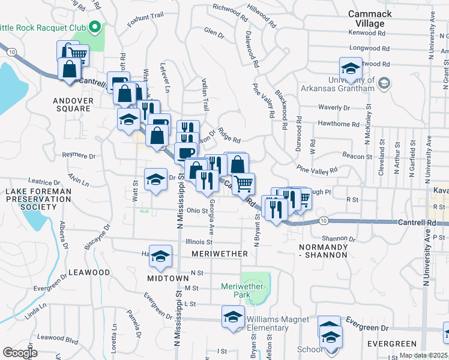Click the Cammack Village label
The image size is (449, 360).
(370, 18)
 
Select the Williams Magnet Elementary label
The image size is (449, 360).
(276, 323)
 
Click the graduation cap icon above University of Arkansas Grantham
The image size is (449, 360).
(351, 68)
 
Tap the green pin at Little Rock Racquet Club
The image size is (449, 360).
(94, 26)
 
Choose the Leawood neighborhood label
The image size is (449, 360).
(89, 272)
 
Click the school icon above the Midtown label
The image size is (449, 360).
(160, 257)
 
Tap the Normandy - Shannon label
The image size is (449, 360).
(323, 251)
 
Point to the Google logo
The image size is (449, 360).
(21, 352)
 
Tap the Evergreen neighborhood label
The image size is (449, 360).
(392, 344)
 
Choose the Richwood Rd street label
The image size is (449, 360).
(231, 11)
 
